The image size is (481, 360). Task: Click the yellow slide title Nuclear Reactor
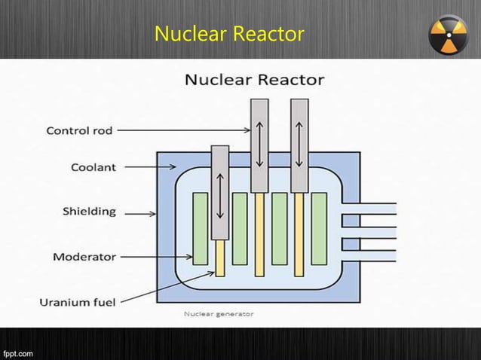click(229, 34)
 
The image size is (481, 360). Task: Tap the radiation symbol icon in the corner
click(449, 35)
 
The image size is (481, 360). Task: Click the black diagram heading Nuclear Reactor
click(255, 79)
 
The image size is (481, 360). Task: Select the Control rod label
click(79, 130)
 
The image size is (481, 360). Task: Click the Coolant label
click(93, 167)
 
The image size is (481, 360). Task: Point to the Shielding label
click(89, 212)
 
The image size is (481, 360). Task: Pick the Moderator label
click(84, 257)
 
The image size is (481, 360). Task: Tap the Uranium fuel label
click(78, 302)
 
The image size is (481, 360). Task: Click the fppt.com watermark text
click(18, 352)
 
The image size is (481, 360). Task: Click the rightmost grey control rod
click(299, 145)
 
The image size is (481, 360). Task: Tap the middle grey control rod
click(259, 145)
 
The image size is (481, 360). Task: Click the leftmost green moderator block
click(201, 228)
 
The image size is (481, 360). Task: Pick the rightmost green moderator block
click(319, 228)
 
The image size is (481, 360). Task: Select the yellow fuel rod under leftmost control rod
click(220, 258)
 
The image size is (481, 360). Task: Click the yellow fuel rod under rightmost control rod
click(299, 233)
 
